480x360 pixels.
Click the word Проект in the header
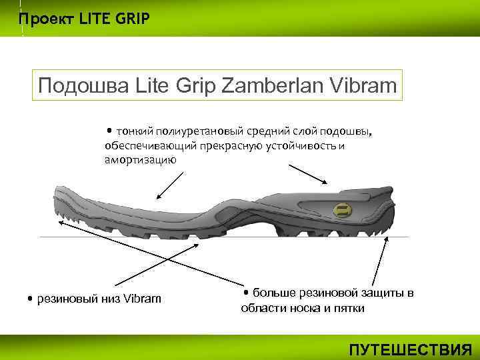43,18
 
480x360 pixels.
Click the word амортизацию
140,160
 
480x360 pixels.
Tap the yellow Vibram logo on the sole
342,209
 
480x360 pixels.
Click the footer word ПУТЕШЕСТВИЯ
411,349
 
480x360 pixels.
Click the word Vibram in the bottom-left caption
142,298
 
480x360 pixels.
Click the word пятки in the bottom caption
347,309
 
